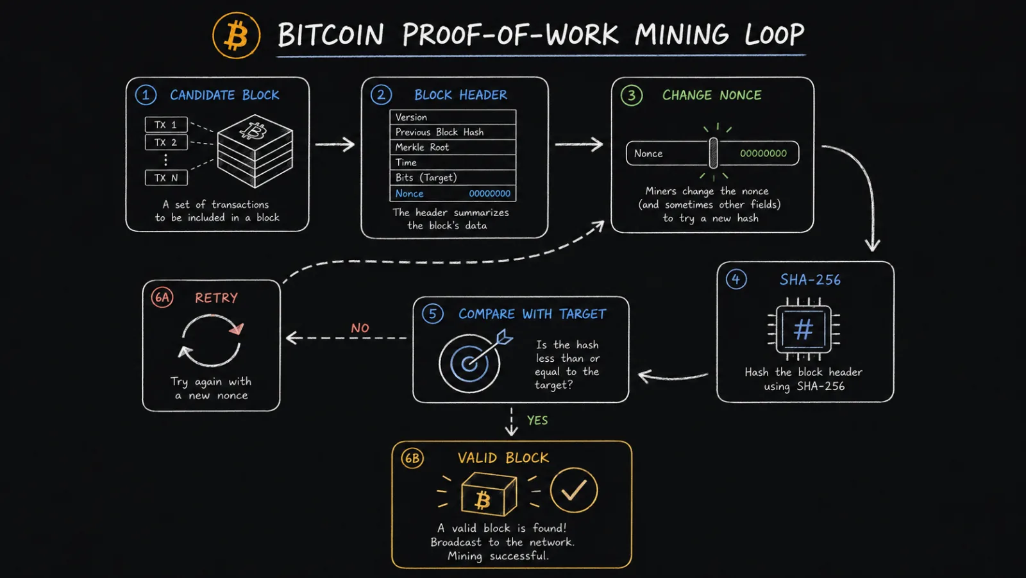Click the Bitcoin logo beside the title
[x=237, y=35]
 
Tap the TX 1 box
[x=166, y=124]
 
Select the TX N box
[x=166, y=178]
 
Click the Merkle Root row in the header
[x=453, y=147]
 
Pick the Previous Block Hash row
[x=453, y=132]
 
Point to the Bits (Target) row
[x=453, y=178]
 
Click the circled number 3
[x=632, y=96]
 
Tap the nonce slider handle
[x=713, y=153]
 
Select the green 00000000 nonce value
[x=763, y=153]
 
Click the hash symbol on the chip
[x=803, y=330]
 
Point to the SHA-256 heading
[x=811, y=280]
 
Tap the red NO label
[x=360, y=328]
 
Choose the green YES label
[x=537, y=420]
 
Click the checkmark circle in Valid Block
[x=574, y=491]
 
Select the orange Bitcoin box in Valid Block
[x=489, y=494]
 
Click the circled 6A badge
[x=162, y=298]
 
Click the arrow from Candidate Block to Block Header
[x=335, y=144]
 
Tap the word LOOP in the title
[x=774, y=35]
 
